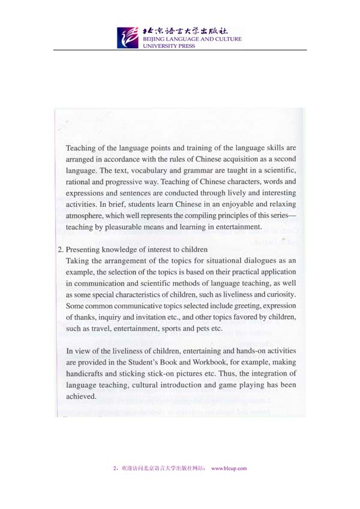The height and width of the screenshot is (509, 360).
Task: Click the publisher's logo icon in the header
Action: (127, 37)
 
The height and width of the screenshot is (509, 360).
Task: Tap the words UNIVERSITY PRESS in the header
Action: (164, 46)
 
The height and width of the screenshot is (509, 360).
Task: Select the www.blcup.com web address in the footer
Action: (230, 469)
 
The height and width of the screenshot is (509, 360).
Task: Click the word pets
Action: (206, 328)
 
